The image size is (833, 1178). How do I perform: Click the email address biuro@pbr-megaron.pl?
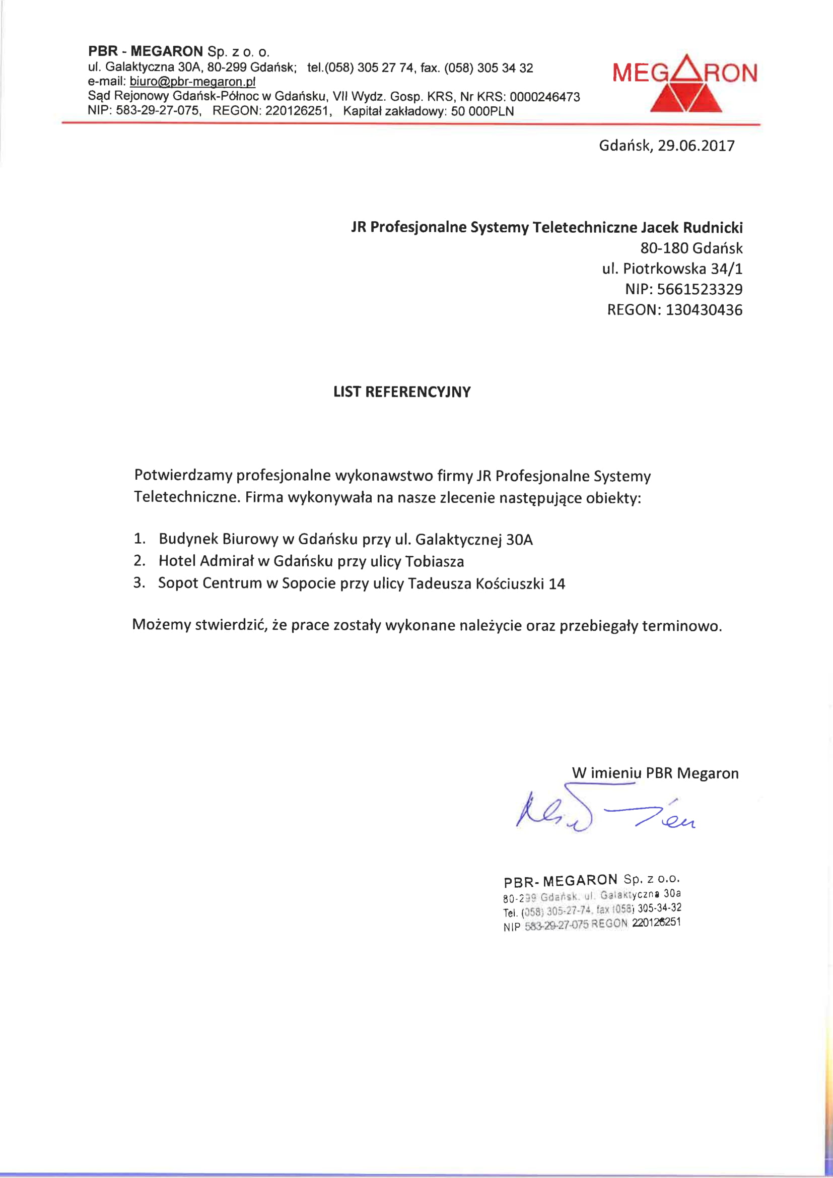pyautogui.click(x=192, y=82)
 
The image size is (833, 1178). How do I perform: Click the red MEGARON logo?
pyautogui.click(x=685, y=84)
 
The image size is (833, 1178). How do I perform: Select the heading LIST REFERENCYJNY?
pyautogui.click(x=401, y=392)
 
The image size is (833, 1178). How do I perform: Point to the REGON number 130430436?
pyautogui.click(x=704, y=310)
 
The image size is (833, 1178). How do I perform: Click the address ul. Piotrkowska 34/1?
pyautogui.click(x=672, y=269)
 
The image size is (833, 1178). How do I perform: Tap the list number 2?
pyautogui.click(x=139, y=561)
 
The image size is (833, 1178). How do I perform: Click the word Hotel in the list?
pyautogui.click(x=177, y=561)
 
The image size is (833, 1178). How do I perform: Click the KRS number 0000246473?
pyautogui.click(x=545, y=97)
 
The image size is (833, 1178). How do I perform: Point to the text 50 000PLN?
pyautogui.click(x=482, y=111)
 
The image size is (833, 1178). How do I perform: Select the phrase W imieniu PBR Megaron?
pyautogui.click(x=655, y=773)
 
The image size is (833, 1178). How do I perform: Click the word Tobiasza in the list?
pyautogui.click(x=435, y=561)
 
